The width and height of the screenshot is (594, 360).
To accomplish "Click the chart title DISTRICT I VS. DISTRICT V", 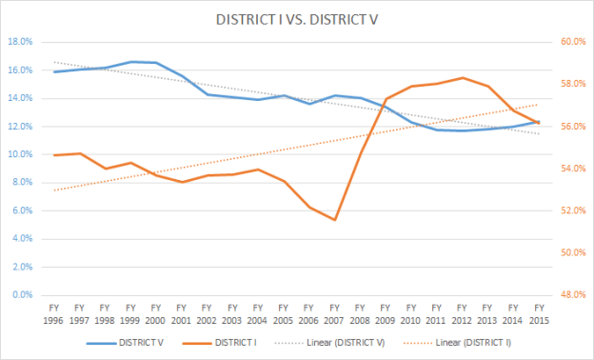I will point(297,19).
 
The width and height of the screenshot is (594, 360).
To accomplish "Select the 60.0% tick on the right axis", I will point(571,42).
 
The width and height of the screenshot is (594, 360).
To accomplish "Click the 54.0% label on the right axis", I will point(571,169).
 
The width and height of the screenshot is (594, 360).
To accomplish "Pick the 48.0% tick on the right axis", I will point(571,295).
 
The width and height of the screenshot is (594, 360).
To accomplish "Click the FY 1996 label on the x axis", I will point(54,313).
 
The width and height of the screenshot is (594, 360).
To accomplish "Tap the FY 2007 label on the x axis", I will point(334,313).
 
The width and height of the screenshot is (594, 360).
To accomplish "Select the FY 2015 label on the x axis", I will point(539,313).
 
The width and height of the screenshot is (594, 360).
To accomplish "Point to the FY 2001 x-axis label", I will point(182,313).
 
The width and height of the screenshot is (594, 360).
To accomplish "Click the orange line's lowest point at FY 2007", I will point(334,220).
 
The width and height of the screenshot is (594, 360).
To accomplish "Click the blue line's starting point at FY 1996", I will point(54,71).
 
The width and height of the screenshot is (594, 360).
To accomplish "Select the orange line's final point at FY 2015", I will point(539,123).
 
